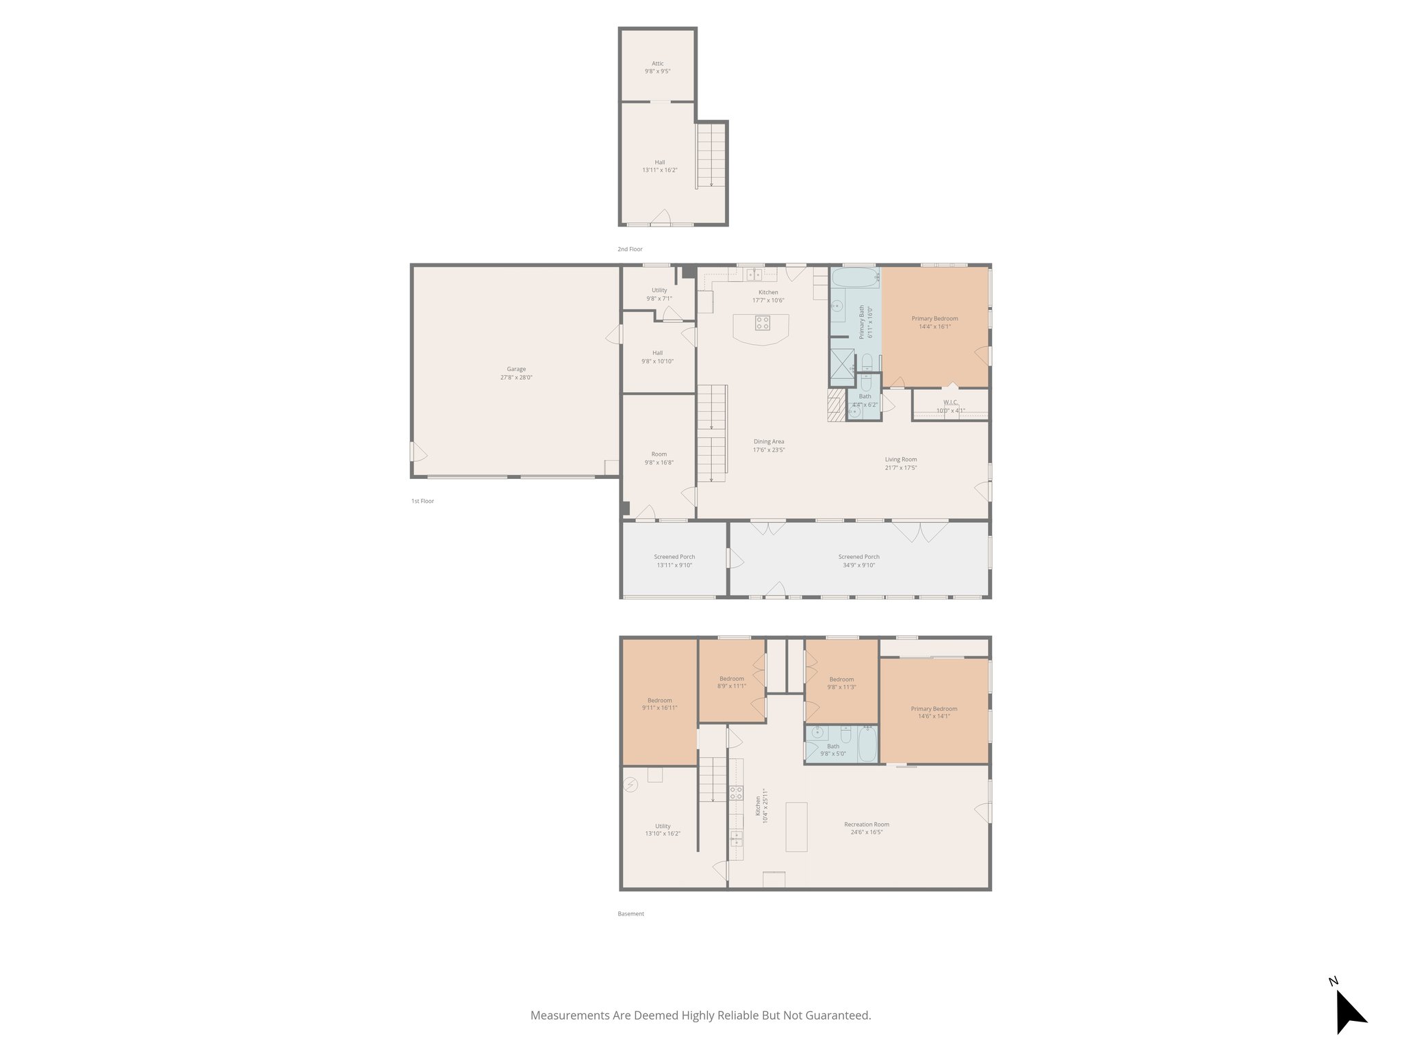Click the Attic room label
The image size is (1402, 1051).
[657, 64]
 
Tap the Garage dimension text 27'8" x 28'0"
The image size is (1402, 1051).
[516, 378]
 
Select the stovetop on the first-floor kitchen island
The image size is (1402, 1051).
[762, 323]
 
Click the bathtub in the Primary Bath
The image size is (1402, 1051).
[854, 278]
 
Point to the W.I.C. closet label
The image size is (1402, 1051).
[950, 402]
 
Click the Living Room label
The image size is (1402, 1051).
[900, 460]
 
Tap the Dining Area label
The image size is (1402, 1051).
[769, 442]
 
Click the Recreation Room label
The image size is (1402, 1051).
[867, 825]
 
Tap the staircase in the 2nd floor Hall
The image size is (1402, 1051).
[711, 155]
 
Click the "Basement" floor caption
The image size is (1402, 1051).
[630, 913]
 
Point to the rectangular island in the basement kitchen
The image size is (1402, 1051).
[796, 827]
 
